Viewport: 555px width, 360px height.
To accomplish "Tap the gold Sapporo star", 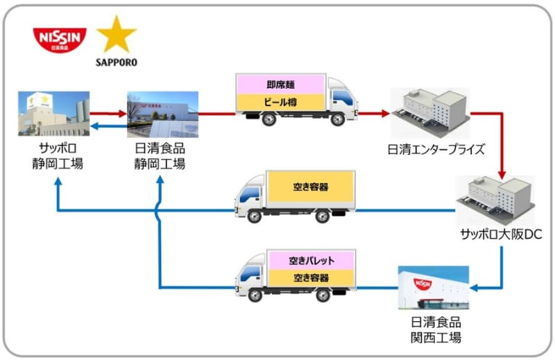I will pyautogui.click(x=116, y=35).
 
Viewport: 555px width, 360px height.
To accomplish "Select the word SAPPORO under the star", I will pyautogui.click(x=116, y=62).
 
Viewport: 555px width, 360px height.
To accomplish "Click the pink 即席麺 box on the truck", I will pyautogui.click(x=281, y=85).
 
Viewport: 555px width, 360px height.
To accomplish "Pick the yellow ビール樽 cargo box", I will pyautogui.click(x=281, y=103).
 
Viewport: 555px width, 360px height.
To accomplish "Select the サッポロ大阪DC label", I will pyautogui.click(x=496, y=235).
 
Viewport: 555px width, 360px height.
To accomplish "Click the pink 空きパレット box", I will pyautogui.click(x=311, y=261).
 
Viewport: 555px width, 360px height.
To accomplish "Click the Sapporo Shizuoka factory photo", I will pyautogui.click(x=54, y=114).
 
